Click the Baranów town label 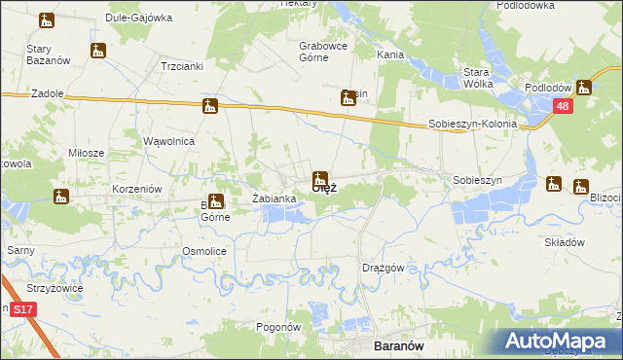pyautogui.click(x=398, y=344)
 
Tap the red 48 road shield pyautogui.click(x=564, y=107)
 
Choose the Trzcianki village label pyautogui.click(x=179, y=66)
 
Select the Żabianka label pyautogui.click(x=274, y=198)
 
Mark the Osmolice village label pyautogui.click(x=204, y=251)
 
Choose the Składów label pyautogui.click(x=564, y=242)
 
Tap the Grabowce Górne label pyautogui.click(x=324, y=51)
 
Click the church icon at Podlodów pyautogui.click(x=584, y=87)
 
